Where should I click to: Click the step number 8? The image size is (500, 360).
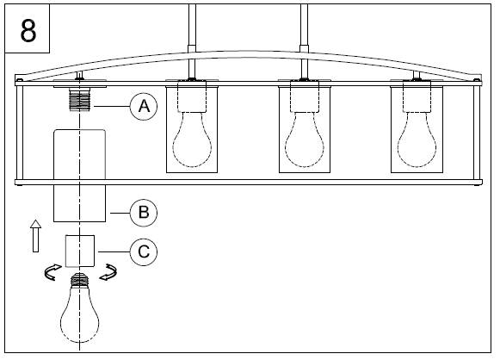pos(28,30)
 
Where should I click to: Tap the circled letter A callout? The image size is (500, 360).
pos(144,106)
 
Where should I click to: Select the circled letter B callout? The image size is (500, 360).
pos(144,213)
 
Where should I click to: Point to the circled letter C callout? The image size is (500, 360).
pos(144,251)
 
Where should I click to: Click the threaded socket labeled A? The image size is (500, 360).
pos(80,99)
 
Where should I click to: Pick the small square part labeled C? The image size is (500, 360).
pos(80,251)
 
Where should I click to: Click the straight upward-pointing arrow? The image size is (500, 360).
pos(36,236)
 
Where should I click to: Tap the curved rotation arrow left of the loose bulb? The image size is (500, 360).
pos(52,272)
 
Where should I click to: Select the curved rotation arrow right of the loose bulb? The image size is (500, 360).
pos(108,272)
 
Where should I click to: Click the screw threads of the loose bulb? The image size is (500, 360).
pos(80,280)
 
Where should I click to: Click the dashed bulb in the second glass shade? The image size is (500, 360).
pos(192,140)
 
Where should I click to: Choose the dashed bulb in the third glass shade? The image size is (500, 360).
pos(305,140)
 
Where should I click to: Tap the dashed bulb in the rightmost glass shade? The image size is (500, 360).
pos(417,140)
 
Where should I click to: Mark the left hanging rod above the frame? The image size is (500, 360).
pos(192,41)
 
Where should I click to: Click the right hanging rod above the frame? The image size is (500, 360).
pos(304,41)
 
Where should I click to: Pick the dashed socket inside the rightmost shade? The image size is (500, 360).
pos(417,96)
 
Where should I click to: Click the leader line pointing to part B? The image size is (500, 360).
pos(120,213)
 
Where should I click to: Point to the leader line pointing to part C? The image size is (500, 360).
pos(114,251)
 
